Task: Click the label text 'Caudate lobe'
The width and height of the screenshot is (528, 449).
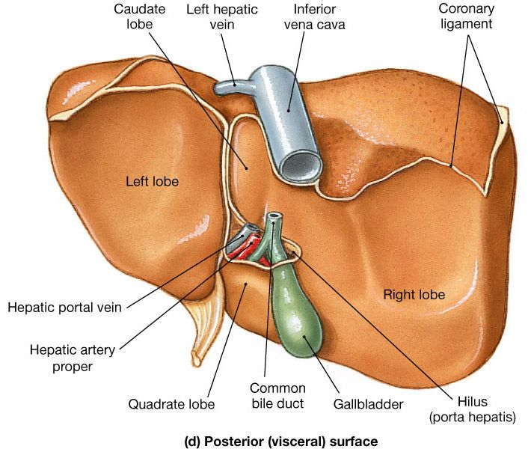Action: pyautogui.click(x=134, y=17)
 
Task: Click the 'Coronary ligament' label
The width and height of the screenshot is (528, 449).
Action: pyautogui.click(x=467, y=17)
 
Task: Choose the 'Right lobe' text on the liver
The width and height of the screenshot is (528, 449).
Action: pyautogui.click(x=414, y=294)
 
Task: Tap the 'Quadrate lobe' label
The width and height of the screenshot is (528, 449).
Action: pyautogui.click(x=171, y=404)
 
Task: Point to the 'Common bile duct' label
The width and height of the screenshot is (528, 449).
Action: pyautogui.click(x=277, y=396)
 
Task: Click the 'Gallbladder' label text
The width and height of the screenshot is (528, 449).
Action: pyautogui.click(x=368, y=404)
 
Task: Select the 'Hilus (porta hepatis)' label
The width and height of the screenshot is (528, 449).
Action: pyautogui.click(x=471, y=409)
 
